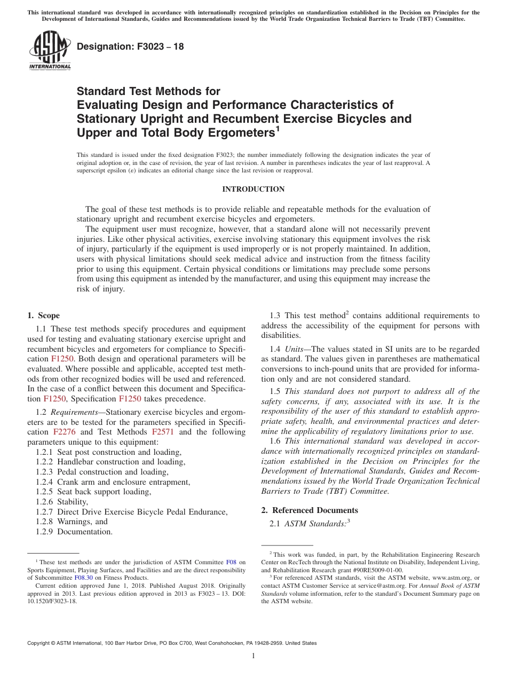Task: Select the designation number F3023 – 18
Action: click(x=130, y=47)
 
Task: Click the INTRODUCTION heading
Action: click(x=253, y=190)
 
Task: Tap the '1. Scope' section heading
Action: click(x=43, y=315)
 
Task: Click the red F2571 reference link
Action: click(x=162, y=432)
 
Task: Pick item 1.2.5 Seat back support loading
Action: click(x=93, y=492)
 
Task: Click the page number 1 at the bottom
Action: click(x=253, y=656)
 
